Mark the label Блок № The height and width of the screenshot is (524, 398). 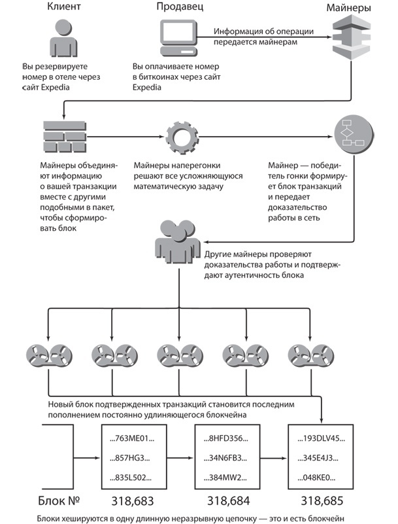tap(59, 502)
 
